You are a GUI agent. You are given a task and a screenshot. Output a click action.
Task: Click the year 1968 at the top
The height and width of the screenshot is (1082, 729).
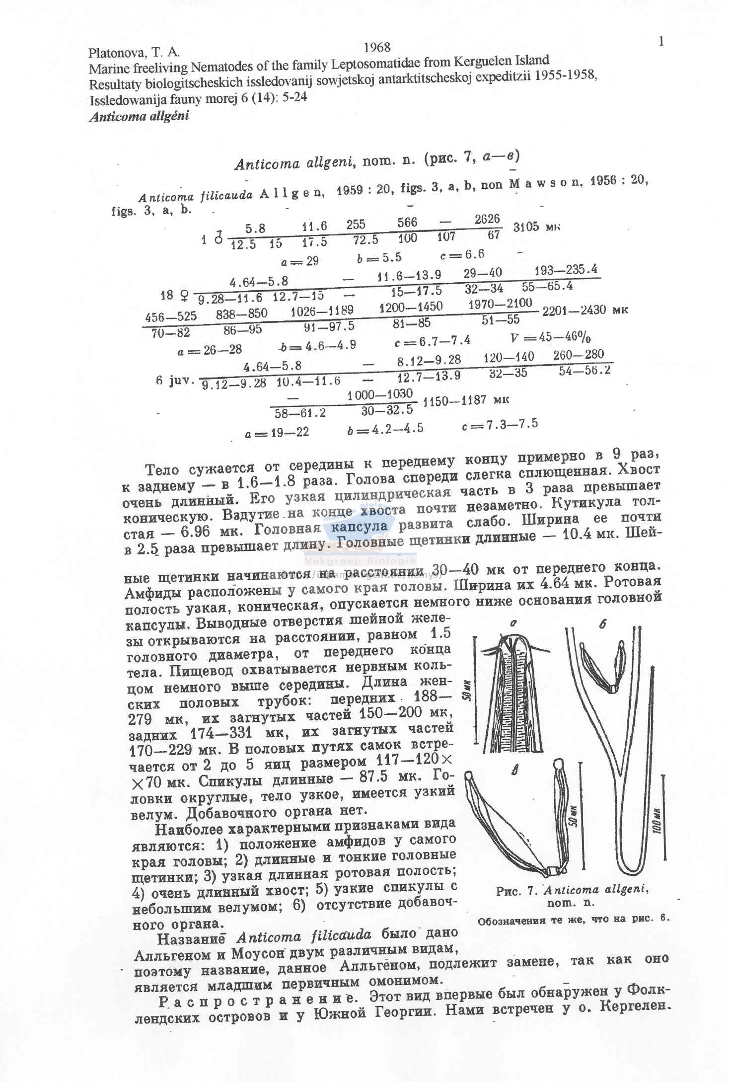click(377, 47)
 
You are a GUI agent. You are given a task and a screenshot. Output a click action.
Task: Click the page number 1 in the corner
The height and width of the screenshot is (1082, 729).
click(661, 42)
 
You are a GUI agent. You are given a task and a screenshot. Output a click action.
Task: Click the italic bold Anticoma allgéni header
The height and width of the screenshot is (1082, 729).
click(139, 117)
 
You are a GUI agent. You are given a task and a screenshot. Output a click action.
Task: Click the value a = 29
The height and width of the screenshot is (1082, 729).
click(299, 260)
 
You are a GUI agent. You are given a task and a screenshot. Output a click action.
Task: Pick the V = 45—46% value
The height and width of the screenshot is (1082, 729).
click(550, 338)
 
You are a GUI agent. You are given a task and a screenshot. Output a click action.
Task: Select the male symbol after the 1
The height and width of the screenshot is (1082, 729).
click(218, 239)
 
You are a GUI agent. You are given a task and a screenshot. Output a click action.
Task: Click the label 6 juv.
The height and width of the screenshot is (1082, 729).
click(174, 381)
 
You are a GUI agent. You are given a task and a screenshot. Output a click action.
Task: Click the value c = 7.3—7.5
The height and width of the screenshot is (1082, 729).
click(500, 425)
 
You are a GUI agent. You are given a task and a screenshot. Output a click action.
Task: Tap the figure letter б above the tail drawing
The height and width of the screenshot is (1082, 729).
click(602, 625)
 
